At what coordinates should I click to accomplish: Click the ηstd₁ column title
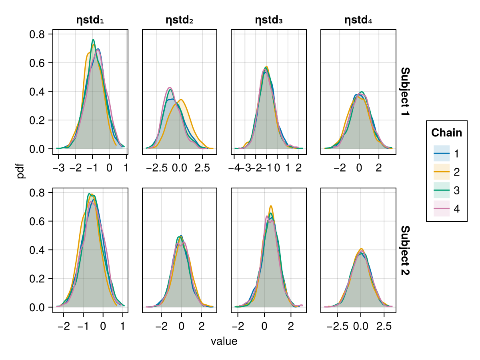(90, 20)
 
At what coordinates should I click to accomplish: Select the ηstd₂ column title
(180, 20)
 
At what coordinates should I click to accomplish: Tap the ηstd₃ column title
(269, 20)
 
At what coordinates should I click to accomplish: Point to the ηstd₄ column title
(358, 20)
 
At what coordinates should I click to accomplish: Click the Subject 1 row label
(405, 92)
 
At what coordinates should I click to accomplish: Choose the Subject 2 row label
(405, 250)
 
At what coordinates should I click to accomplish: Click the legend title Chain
(447, 133)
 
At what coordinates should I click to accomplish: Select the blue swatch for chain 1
(442, 153)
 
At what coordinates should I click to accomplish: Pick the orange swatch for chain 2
(442, 172)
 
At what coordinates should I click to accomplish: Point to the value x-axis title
(224, 342)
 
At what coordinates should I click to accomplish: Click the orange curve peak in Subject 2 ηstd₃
(271, 206)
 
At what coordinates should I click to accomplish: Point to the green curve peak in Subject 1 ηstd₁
(93, 40)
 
